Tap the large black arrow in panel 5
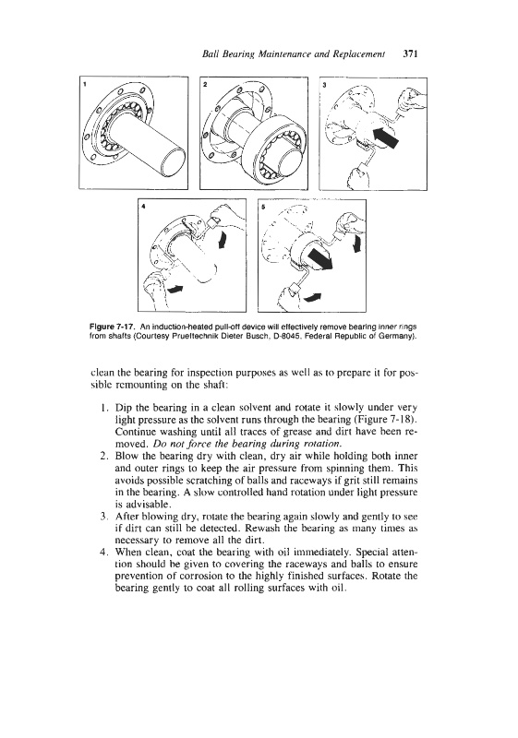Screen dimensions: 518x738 click(x=320, y=259)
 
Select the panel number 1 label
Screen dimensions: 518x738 click(x=85, y=85)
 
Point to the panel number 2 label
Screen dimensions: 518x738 click(x=205, y=85)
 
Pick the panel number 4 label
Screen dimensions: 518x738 click(x=143, y=206)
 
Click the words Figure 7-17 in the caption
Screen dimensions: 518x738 click(x=105, y=327)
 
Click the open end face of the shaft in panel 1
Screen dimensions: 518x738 click(x=173, y=161)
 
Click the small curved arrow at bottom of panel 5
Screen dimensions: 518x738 click(x=313, y=296)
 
